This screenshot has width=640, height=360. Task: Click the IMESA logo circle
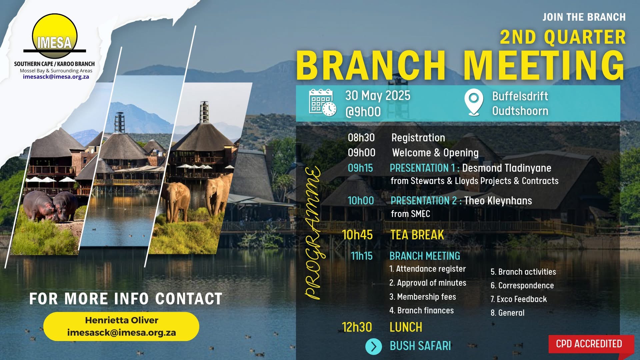[55, 36]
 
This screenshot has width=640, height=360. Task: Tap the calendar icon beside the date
[322, 103]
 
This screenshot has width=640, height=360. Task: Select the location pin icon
[474, 102]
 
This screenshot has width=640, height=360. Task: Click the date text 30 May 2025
[378, 96]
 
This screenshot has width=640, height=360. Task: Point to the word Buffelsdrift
[520, 96]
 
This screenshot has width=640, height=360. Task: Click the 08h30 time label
[361, 138]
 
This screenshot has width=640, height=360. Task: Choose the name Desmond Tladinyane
[506, 168]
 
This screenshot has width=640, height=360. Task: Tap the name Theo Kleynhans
[498, 201]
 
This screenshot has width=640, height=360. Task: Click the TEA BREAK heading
[417, 235]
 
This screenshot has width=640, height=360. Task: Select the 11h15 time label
[362, 256]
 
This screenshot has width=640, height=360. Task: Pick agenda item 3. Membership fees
[422, 297]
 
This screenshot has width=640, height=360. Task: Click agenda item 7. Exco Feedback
[518, 299]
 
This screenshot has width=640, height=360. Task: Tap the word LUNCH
[406, 327]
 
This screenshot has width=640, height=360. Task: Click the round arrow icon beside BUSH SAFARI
[374, 347]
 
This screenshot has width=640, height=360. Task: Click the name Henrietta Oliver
[122, 320]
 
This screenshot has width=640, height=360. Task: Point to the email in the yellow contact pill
[121, 333]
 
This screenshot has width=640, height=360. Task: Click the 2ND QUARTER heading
[563, 37]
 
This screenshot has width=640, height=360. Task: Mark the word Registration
[418, 138]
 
